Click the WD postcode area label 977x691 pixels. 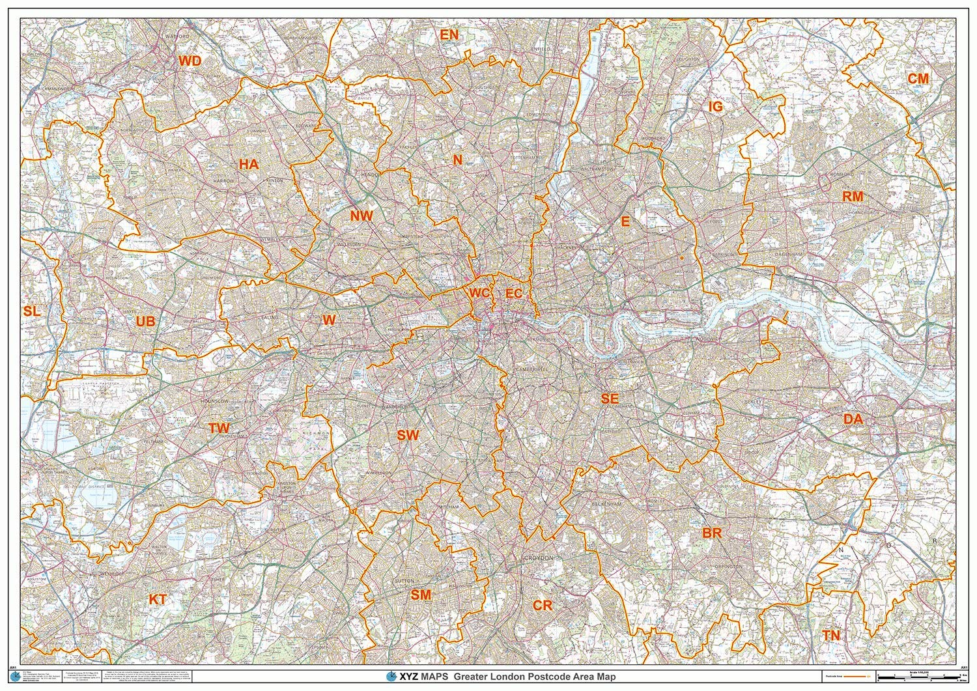click(190, 61)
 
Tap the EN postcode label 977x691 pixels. click(449, 35)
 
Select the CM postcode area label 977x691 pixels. click(918, 79)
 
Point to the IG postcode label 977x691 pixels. click(715, 107)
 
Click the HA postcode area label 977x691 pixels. click(248, 165)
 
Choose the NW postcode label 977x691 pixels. click(361, 216)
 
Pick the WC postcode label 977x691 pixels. click(479, 294)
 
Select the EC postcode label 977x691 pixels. click(514, 294)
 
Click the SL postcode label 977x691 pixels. click(31, 312)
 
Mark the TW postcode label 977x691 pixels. click(219, 429)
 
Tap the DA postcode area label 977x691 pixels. click(853, 419)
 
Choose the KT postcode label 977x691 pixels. click(157, 600)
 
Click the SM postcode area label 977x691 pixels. click(421, 595)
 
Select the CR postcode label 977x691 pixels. click(543, 606)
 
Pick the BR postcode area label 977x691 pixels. click(712, 533)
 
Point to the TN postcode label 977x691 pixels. click(830, 636)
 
